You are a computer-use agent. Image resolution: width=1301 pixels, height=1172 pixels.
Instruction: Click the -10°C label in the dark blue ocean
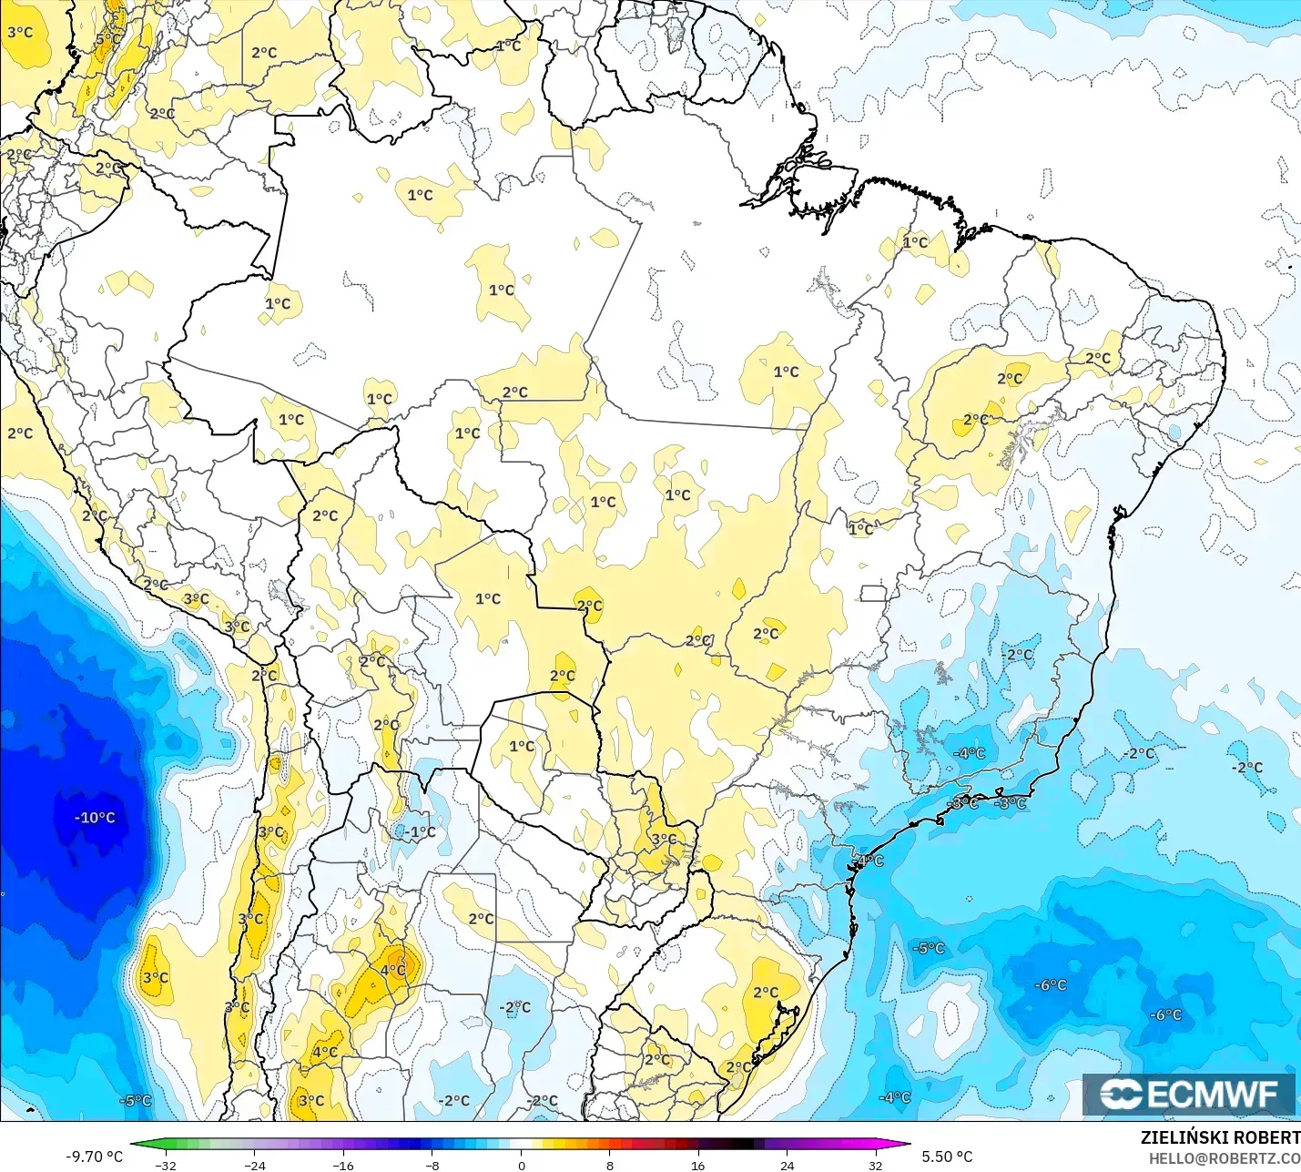click(95, 818)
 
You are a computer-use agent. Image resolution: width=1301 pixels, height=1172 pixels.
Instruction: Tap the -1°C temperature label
click(420, 831)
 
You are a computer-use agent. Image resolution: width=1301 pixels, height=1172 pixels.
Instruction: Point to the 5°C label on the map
click(107, 39)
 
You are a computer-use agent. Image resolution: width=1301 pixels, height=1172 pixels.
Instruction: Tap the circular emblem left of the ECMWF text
click(1121, 1094)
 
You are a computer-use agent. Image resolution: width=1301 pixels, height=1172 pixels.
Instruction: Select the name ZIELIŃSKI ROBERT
click(1220, 1137)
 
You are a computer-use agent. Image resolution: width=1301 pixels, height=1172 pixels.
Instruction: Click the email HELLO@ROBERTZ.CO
click(1224, 1158)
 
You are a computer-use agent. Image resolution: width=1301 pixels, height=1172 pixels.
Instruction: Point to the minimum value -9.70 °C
click(94, 1157)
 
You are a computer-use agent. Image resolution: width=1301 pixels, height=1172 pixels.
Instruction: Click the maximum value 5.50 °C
click(947, 1157)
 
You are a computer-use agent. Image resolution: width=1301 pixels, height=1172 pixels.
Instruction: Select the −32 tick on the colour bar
click(165, 1165)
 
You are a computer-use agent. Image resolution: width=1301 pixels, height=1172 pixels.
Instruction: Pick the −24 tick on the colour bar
click(254, 1165)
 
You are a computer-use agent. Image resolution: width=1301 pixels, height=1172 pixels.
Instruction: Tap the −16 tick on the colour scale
click(342, 1165)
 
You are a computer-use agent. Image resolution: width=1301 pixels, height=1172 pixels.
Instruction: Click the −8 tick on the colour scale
click(432, 1165)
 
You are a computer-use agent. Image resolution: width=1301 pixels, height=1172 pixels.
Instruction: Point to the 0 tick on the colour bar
click(521, 1165)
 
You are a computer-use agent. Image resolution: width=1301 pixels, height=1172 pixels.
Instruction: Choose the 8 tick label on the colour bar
click(610, 1165)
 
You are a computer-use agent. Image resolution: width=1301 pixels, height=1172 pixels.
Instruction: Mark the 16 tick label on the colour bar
click(698, 1165)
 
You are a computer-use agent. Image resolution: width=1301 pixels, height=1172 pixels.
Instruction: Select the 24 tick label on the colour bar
click(788, 1165)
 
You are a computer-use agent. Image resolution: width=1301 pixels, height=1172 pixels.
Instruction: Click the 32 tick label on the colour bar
click(876, 1165)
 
